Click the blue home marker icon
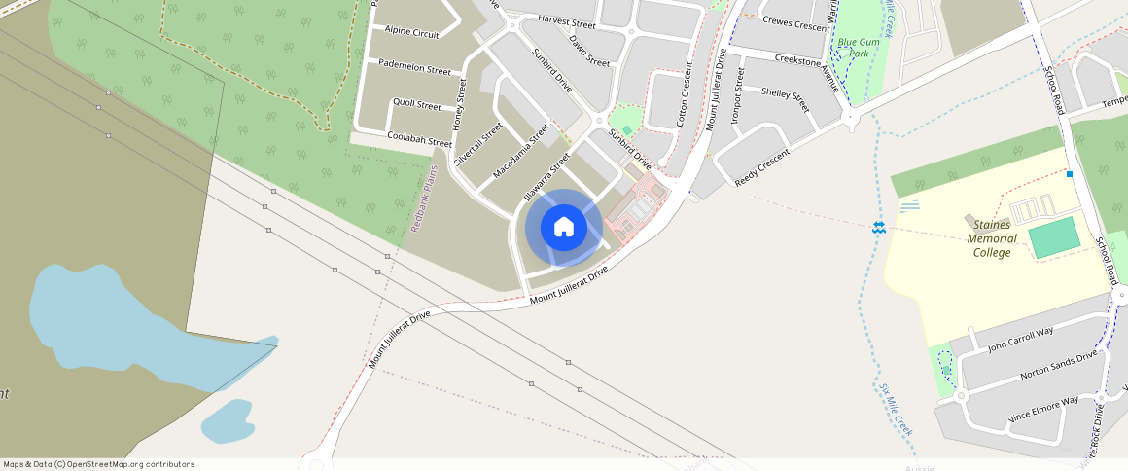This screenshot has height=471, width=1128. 563,228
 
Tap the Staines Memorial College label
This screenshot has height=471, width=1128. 992,238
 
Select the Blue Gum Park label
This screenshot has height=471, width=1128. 853,48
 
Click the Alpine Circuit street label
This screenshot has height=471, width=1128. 411,32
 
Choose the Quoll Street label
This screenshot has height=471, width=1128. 416,104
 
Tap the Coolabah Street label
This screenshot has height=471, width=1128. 419,139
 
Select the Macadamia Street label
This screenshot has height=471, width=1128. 521,150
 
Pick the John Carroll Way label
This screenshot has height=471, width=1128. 1019,340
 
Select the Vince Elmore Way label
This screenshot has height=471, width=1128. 1043,408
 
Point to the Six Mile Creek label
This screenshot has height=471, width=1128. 897,410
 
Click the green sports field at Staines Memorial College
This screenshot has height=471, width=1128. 1054,237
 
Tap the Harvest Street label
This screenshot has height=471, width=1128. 566,21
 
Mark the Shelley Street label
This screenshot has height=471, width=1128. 785,99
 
